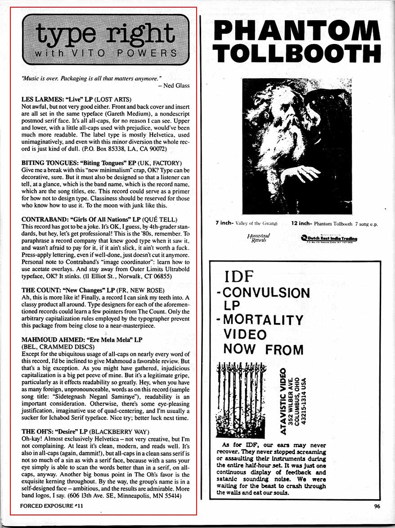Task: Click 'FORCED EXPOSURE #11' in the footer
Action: pyautogui.click(x=52, y=506)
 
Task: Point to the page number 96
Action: pyautogui.click(x=377, y=506)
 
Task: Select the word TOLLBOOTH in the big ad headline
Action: pyautogui.click(x=297, y=53)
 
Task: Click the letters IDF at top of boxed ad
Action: pyautogui.click(x=239, y=275)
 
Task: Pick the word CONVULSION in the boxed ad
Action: pyautogui.click(x=266, y=293)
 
